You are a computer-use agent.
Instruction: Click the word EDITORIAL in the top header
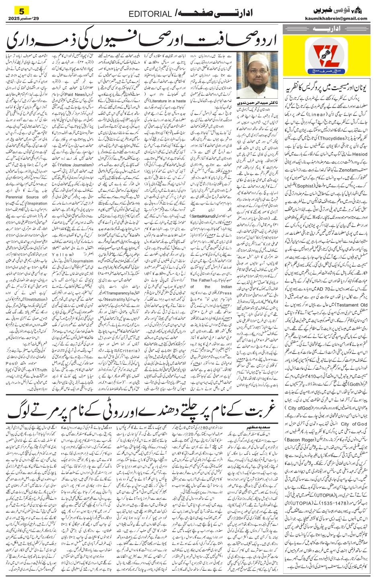150,14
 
